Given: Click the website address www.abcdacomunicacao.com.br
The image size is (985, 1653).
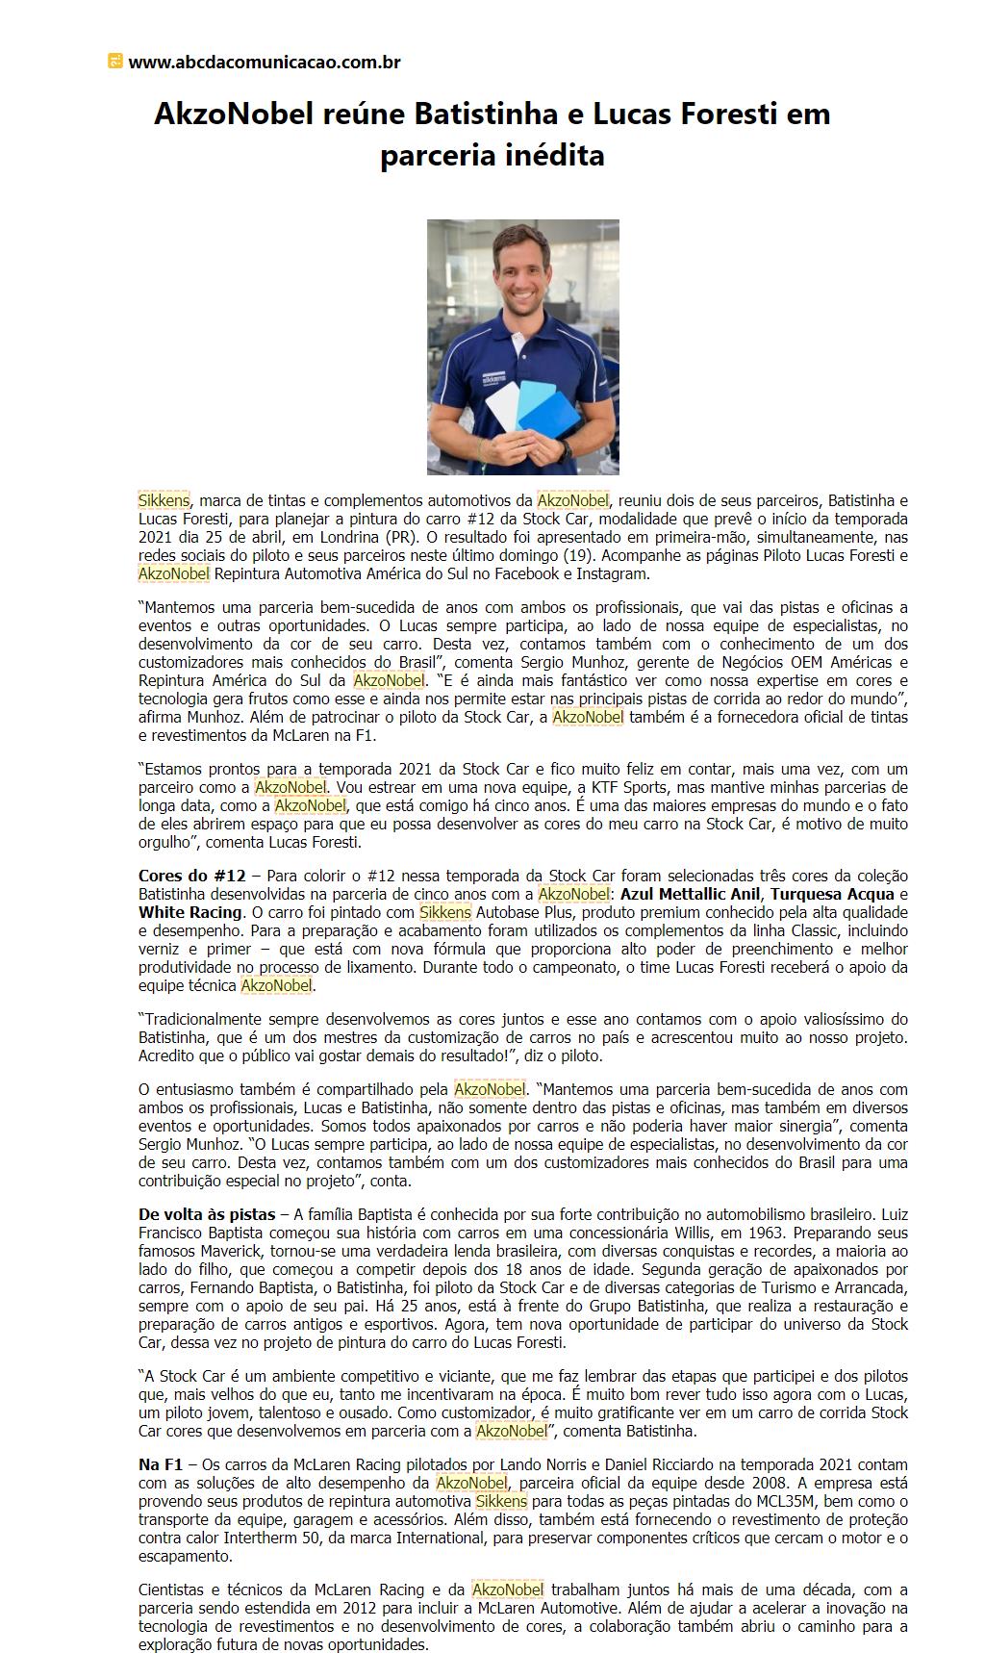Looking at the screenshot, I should pyautogui.click(x=264, y=63).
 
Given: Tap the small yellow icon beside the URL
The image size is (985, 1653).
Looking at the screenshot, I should pyautogui.click(x=115, y=62).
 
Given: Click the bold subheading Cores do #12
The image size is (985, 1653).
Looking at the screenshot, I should pyautogui.click(x=191, y=876).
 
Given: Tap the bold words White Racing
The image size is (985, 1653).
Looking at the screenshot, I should pyautogui.click(x=189, y=912).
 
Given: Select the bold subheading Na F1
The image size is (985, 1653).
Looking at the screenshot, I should pyautogui.click(x=160, y=1463).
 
